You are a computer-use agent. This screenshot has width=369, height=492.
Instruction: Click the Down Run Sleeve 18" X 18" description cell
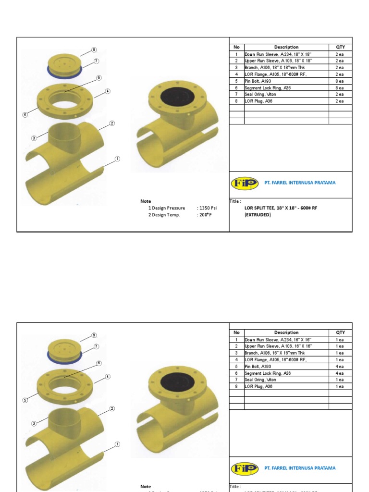(278, 54)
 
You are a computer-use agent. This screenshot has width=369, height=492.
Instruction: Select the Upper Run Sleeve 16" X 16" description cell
(278, 346)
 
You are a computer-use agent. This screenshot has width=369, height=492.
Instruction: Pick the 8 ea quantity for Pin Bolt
(340, 81)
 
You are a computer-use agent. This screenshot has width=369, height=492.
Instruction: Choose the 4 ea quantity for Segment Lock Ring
(340, 373)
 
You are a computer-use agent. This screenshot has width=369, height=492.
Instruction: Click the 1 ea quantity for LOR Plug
(340, 386)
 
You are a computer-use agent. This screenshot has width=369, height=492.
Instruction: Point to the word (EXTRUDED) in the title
(258, 215)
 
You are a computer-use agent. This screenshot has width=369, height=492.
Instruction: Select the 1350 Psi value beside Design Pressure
(207, 208)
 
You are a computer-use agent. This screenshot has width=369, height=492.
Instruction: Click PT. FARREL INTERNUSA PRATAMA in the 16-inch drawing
(300, 467)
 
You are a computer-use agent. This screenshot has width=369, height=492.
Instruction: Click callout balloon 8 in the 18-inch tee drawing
(94, 49)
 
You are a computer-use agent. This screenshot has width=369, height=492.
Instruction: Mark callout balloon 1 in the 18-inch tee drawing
(117, 159)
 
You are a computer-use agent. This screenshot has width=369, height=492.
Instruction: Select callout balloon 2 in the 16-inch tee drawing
(111, 408)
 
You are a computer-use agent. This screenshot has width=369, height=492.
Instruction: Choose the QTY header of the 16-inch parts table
(340, 332)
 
